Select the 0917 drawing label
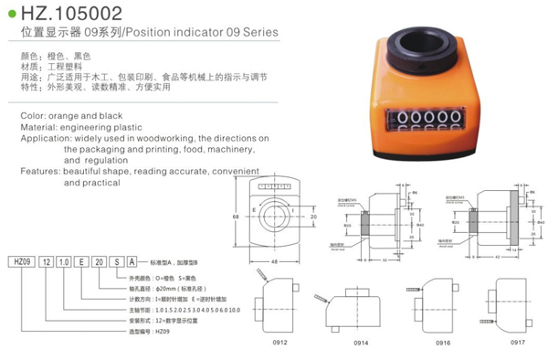point(517,341)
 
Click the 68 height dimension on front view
point(236,217)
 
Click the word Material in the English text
point(39,127)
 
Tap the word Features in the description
point(39,171)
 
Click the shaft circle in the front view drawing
point(275,217)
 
